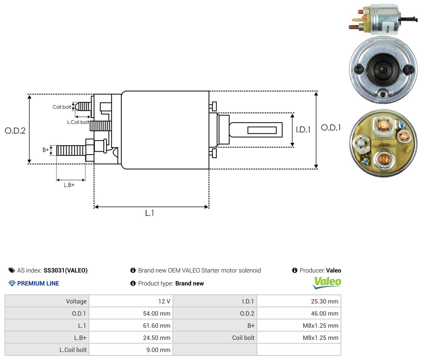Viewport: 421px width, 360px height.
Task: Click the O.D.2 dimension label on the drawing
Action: [15, 131]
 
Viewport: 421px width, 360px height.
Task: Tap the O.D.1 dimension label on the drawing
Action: [331, 128]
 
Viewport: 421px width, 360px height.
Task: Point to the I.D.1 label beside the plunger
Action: [303, 130]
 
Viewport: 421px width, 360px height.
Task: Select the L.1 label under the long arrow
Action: [149, 213]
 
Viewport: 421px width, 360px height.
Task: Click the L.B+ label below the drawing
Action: [69, 185]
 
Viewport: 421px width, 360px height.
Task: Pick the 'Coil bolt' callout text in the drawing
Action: [62, 107]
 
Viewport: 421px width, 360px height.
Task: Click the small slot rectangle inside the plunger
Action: [262, 130]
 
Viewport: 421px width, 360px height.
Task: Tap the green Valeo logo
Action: [327, 283]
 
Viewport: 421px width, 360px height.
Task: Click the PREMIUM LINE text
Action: [38, 283]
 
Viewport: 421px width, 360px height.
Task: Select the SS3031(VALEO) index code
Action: [66, 270]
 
